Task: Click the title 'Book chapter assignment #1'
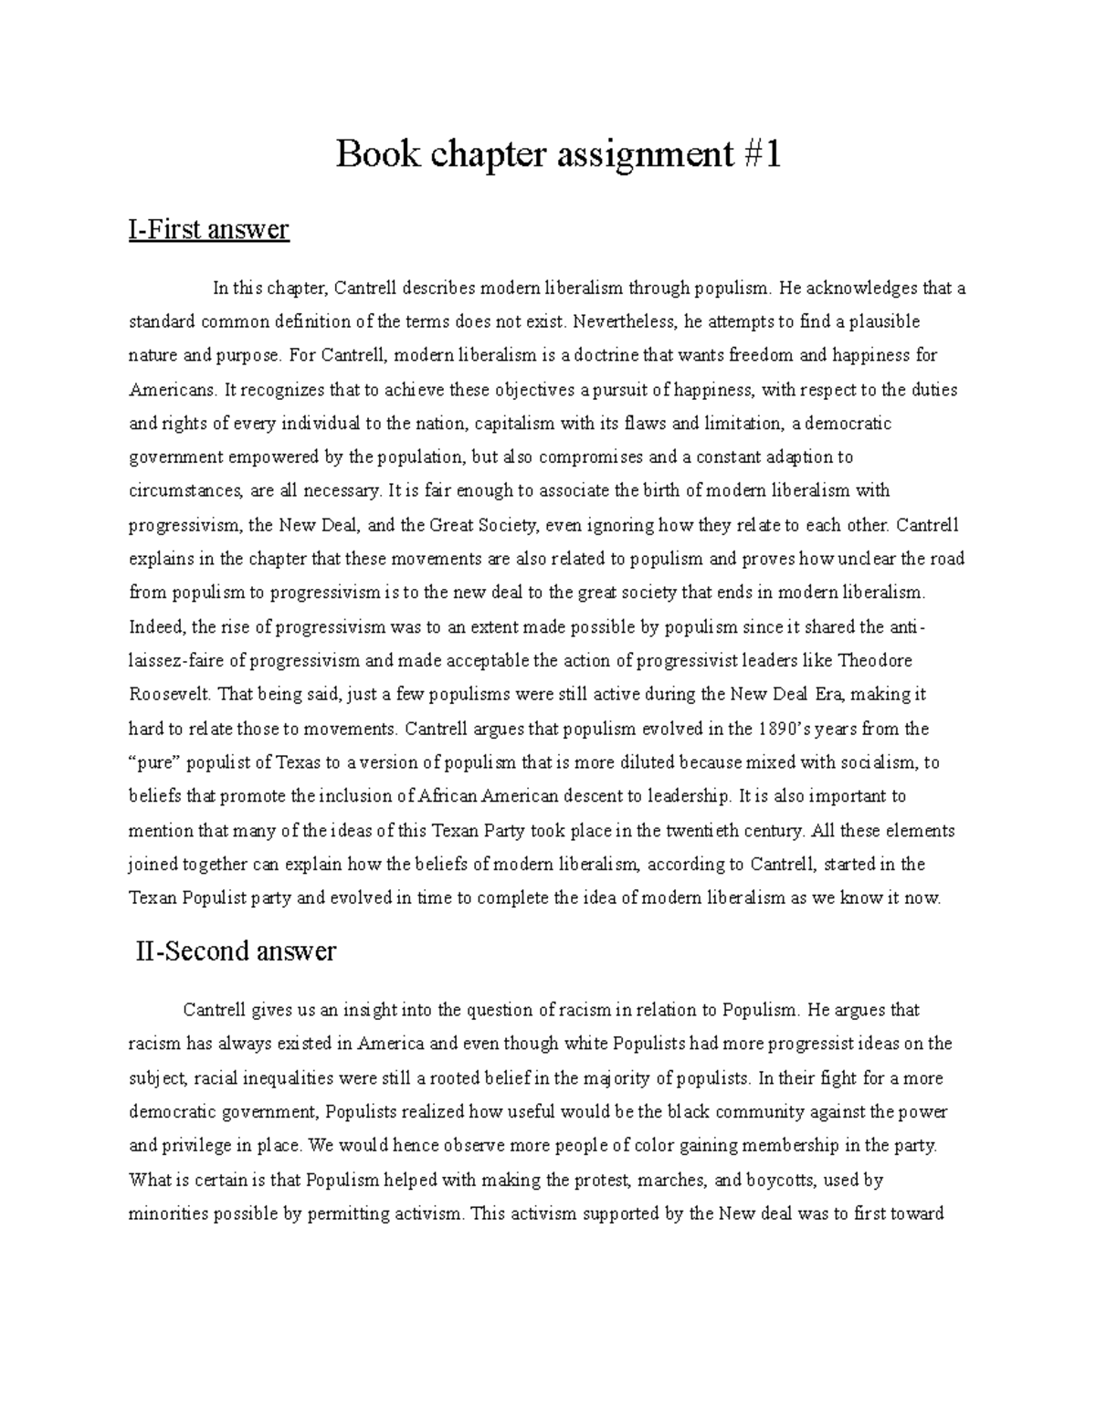558,155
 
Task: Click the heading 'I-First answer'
209,229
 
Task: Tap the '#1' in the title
760,155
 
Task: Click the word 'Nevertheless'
627,321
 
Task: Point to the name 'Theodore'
875,660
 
